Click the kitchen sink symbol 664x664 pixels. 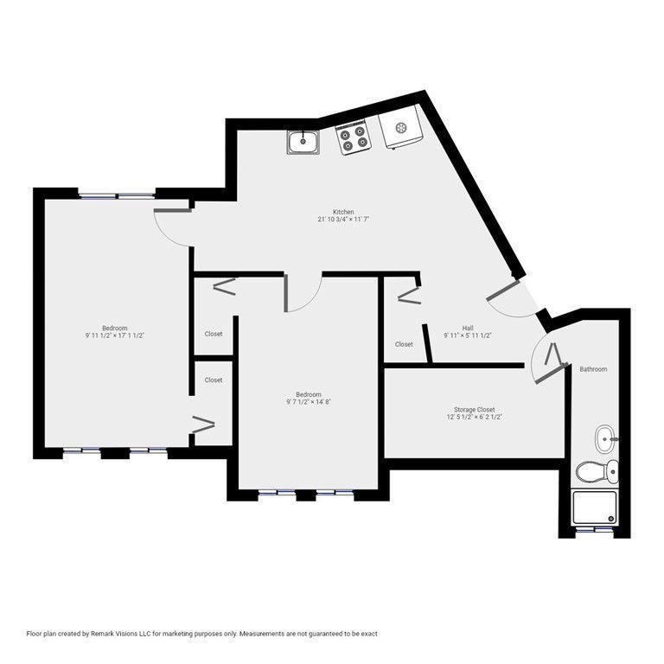[303, 142]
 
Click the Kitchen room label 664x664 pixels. [344, 212]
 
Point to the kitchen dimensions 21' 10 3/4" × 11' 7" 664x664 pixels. [344, 220]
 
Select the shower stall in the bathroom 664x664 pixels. [597, 508]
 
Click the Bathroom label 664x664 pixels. [593, 369]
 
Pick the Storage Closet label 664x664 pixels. [475, 410]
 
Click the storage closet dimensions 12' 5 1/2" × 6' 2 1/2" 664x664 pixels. [475, 418]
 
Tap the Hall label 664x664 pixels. [468, 328]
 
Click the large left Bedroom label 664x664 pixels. [115, 328]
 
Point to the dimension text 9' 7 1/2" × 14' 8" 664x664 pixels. [309, 402]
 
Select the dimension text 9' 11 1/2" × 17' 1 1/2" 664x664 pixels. [115, 335]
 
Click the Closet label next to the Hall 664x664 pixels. [404, 344]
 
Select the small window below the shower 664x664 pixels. [597, 529]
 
